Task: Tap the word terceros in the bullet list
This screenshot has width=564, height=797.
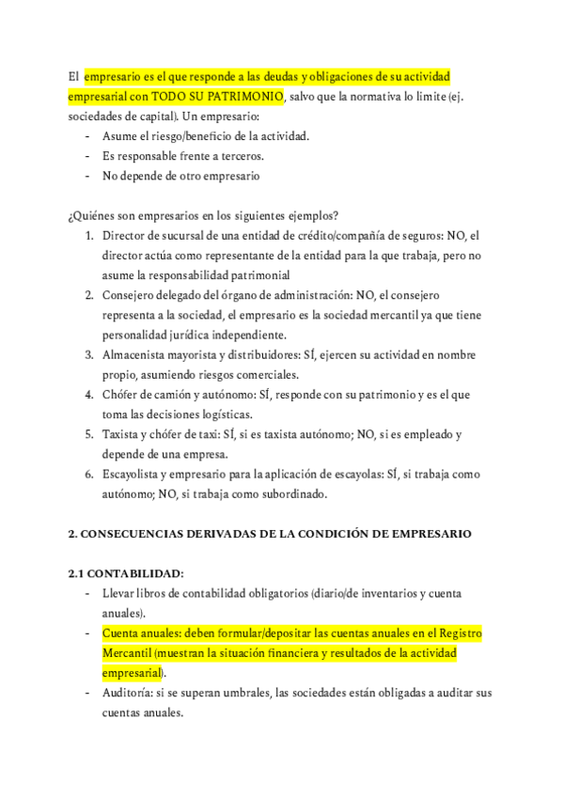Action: tap(240, 155)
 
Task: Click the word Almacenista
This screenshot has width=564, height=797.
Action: tap(137, 354)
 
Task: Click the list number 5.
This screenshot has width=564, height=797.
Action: tap(88, 434)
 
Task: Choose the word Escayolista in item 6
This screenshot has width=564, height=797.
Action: tap(134, 475)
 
